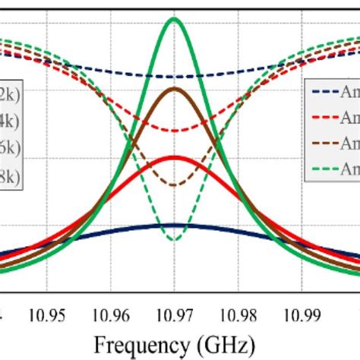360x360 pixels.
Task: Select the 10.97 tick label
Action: (175, 311)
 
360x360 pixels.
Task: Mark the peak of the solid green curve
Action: (175, 19)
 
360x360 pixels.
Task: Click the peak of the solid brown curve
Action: (175, 89)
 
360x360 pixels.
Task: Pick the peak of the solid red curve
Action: (175, 157)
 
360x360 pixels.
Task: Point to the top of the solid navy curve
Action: (175, 225)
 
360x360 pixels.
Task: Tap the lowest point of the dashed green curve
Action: (175, 240)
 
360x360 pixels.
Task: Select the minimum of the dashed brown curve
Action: (175, 185)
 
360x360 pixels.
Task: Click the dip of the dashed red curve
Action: (175, 131)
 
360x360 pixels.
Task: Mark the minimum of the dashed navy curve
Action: (175, 77)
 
